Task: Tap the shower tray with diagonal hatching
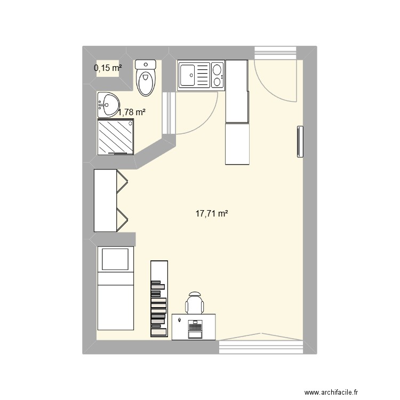[x=115, y=137]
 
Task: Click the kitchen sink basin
[x=189, y=75]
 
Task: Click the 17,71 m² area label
[x=212, y=214]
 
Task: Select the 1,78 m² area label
[x=132, y=112]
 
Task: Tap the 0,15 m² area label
[x=107, y=68]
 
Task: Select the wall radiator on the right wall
[x=300, y=142]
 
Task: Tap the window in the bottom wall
[x=260, y=347]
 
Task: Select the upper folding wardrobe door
[x=123, y=181]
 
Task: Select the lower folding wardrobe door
[x=123, y=218]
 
